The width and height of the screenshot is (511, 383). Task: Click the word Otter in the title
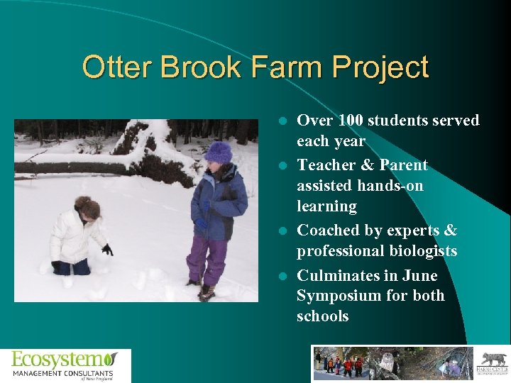[117, 68]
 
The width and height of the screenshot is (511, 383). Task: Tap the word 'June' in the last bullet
[419, 275]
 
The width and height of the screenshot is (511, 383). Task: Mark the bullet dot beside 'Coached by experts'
[282, 231]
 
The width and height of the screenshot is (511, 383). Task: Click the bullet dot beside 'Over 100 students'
[282, 121]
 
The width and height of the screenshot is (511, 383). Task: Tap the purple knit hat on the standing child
[219, 152]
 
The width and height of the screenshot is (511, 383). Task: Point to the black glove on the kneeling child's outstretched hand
[107, 249]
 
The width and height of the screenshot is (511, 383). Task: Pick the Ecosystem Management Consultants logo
[65, 365]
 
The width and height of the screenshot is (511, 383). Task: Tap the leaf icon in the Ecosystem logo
[110, 359]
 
